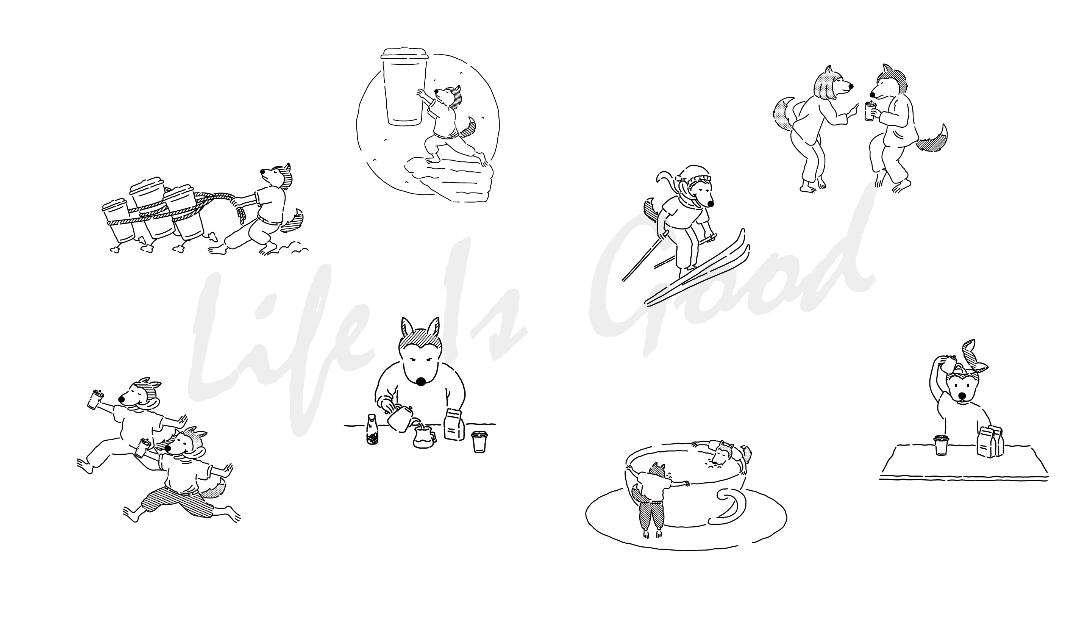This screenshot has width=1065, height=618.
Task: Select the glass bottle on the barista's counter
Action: pos(372,429)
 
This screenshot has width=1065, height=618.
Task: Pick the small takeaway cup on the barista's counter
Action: pos(479,442)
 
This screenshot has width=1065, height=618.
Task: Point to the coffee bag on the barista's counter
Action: pos(454,424)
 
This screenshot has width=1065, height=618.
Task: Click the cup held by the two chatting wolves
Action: pos(869,111)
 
